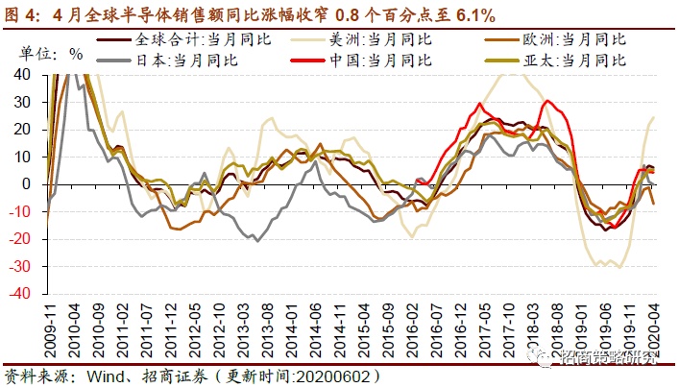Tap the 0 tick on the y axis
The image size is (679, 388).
[x=36, y=183]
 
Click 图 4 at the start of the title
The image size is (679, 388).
[x=22, y=12]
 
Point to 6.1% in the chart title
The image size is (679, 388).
[x=470, y=12]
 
